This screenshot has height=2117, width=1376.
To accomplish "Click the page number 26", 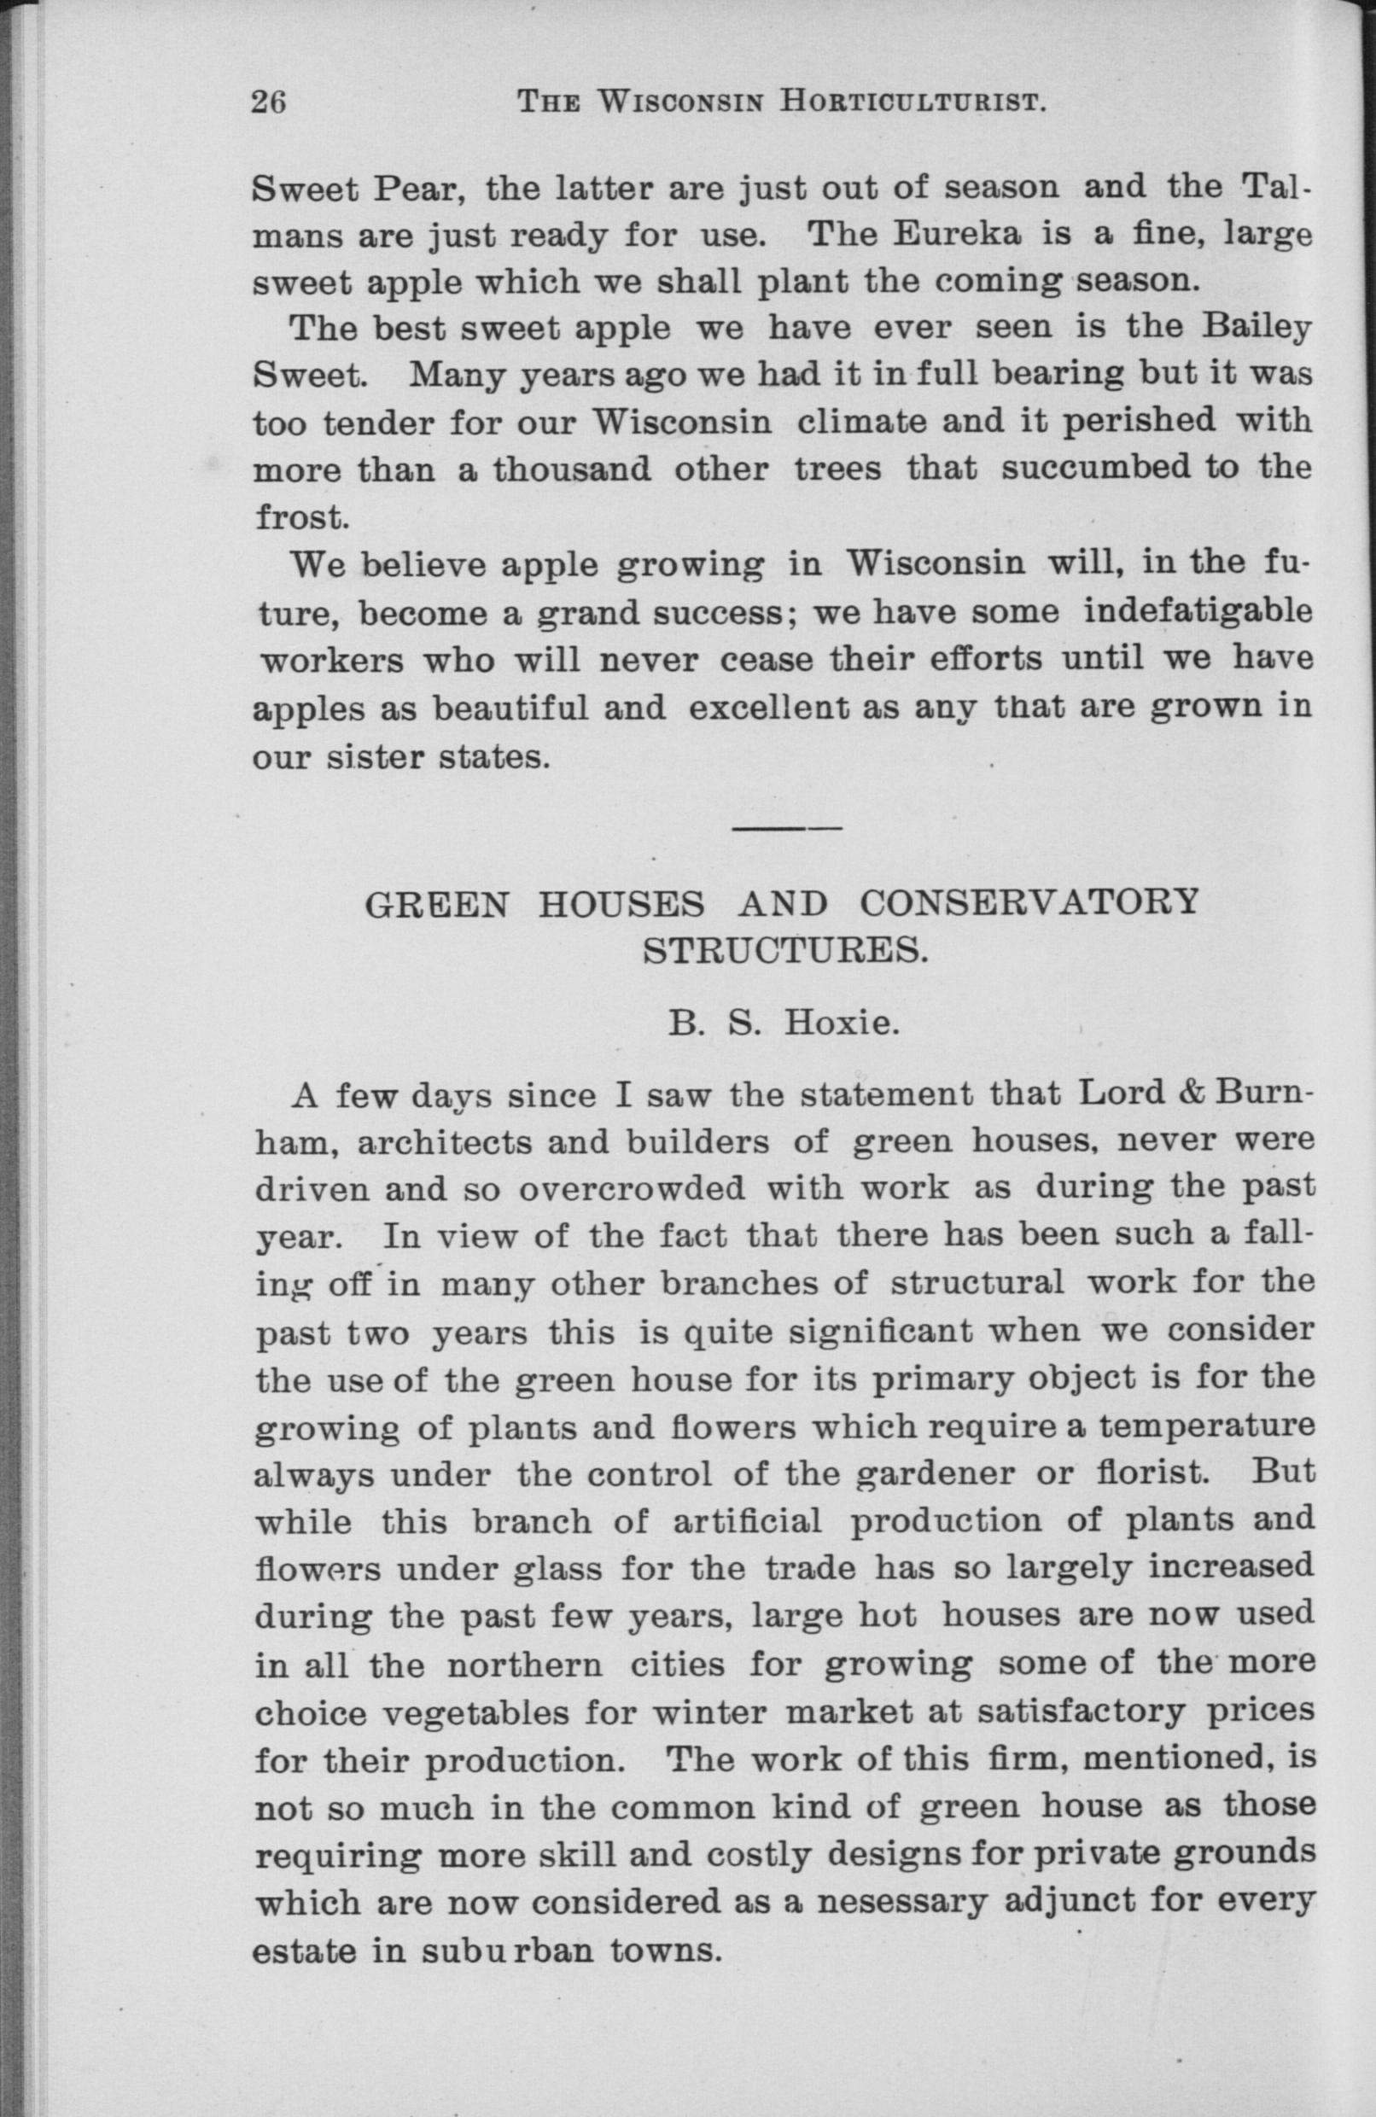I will point(268,102).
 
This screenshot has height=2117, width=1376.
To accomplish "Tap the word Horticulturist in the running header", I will point(912,102).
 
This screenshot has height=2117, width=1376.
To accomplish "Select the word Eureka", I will point(964,235).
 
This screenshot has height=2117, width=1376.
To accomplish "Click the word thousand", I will point(572,469).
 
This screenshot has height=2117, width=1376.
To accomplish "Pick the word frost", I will point(299,516).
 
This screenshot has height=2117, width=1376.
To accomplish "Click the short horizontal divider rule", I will point(786,829).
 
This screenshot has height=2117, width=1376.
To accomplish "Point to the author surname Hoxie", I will point(838,1024).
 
